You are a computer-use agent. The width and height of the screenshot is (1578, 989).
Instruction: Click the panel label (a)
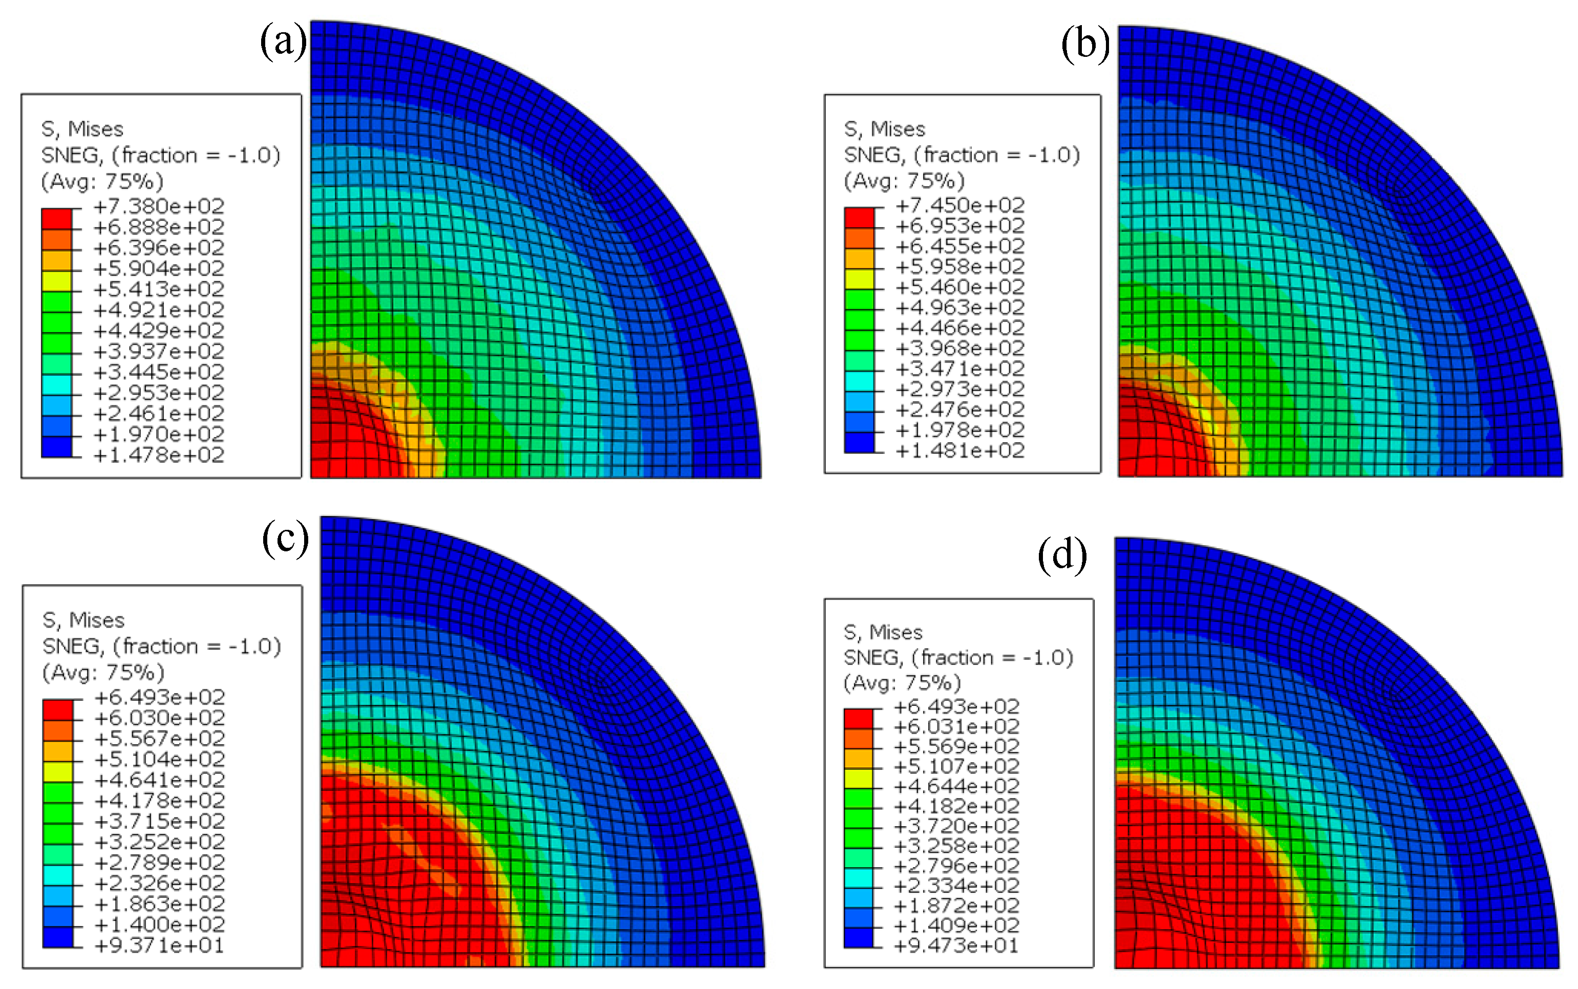(283, 42)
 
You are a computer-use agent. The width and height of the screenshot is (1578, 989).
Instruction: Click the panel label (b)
(1085, 45)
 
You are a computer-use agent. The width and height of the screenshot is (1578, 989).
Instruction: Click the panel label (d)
(1062, 555)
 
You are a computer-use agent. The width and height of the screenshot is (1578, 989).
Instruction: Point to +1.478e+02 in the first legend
(159, 455)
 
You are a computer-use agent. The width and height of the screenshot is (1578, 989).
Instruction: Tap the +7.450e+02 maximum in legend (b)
(959, 205)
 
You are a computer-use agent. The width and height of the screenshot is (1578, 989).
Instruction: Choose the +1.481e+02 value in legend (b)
(959, 450)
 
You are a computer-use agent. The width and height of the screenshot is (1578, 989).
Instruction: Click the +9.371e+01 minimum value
(159, 945)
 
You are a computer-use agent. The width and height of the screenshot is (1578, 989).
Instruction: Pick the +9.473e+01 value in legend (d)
(956, 945)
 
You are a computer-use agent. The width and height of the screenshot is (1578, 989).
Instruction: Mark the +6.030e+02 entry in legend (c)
(159, 718)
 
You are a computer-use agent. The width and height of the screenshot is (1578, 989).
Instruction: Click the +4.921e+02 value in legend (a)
(159, 309)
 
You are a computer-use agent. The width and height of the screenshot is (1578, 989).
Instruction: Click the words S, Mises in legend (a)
(82, 130)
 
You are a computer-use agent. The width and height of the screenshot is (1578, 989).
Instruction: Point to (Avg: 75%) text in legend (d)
(902, 683)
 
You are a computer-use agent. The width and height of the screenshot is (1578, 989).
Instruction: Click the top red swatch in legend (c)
(57, 709)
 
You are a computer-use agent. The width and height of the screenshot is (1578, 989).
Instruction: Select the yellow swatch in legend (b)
(859, 278)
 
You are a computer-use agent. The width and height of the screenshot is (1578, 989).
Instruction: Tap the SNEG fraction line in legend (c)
(162, 646)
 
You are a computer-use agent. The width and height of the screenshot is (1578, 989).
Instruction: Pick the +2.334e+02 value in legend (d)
(956, 886)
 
